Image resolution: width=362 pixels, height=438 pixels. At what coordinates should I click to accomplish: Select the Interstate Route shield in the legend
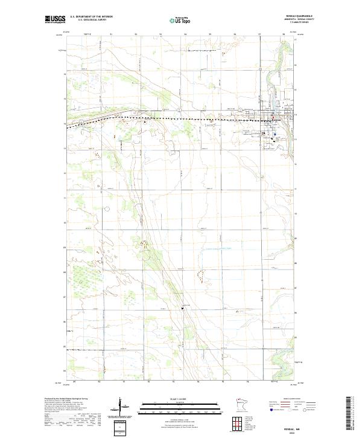(267, 409)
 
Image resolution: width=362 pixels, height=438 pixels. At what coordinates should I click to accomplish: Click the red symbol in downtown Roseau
(271, 118)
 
